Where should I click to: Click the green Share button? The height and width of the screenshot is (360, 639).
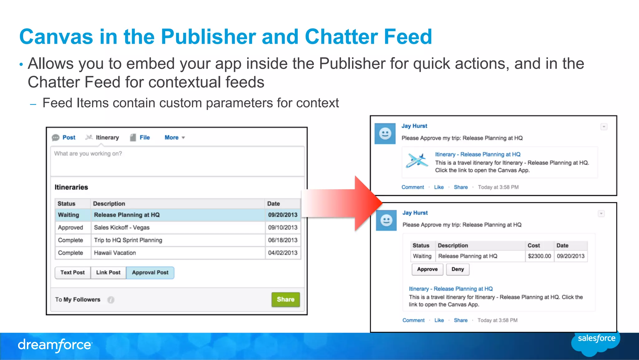point(285,299)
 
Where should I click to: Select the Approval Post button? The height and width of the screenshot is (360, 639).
point(150,273)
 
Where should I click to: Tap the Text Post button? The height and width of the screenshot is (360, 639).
point(72,273)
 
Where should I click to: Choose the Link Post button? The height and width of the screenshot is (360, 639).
point(108,273)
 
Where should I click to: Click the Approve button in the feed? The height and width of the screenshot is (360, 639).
point(427,269)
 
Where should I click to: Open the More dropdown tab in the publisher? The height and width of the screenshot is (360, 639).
point(174,137)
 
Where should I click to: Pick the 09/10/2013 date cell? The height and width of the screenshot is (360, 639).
point(283,228)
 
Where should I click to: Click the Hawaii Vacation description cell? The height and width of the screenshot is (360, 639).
point(115,253)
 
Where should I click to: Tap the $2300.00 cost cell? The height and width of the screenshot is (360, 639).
point(539,256)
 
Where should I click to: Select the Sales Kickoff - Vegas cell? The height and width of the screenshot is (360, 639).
point(122,228)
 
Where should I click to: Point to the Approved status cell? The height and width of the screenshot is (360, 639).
point(71,228)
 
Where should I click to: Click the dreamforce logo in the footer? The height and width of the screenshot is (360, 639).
point(55,345)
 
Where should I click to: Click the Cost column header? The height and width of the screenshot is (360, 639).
point(534,245)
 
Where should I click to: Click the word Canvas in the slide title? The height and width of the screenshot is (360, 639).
point(56,37)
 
